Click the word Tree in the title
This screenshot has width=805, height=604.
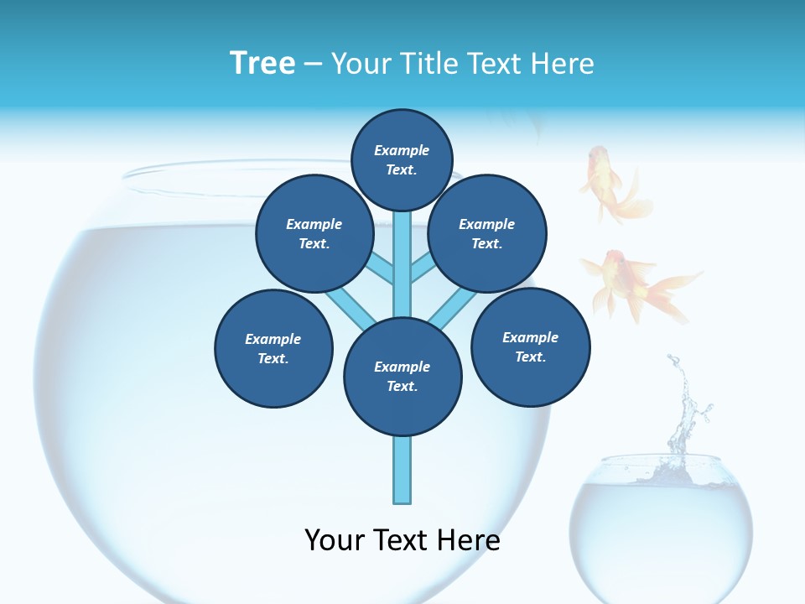[262, 63]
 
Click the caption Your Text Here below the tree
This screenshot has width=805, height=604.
[402, 540]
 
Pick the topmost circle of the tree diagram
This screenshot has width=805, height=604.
[402, 159]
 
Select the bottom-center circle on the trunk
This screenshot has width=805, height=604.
[402, 377]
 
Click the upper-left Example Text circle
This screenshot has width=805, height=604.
[314, 233]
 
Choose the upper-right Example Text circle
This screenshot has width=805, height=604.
[487, 233]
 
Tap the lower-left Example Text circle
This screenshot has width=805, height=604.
[273, 348]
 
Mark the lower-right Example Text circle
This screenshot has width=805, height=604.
[530, 346]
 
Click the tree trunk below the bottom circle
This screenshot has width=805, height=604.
[402, 470]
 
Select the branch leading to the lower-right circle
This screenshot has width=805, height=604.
[453, 309]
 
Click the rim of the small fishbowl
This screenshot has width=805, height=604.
[661, 461]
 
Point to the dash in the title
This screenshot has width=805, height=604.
[313, 64]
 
